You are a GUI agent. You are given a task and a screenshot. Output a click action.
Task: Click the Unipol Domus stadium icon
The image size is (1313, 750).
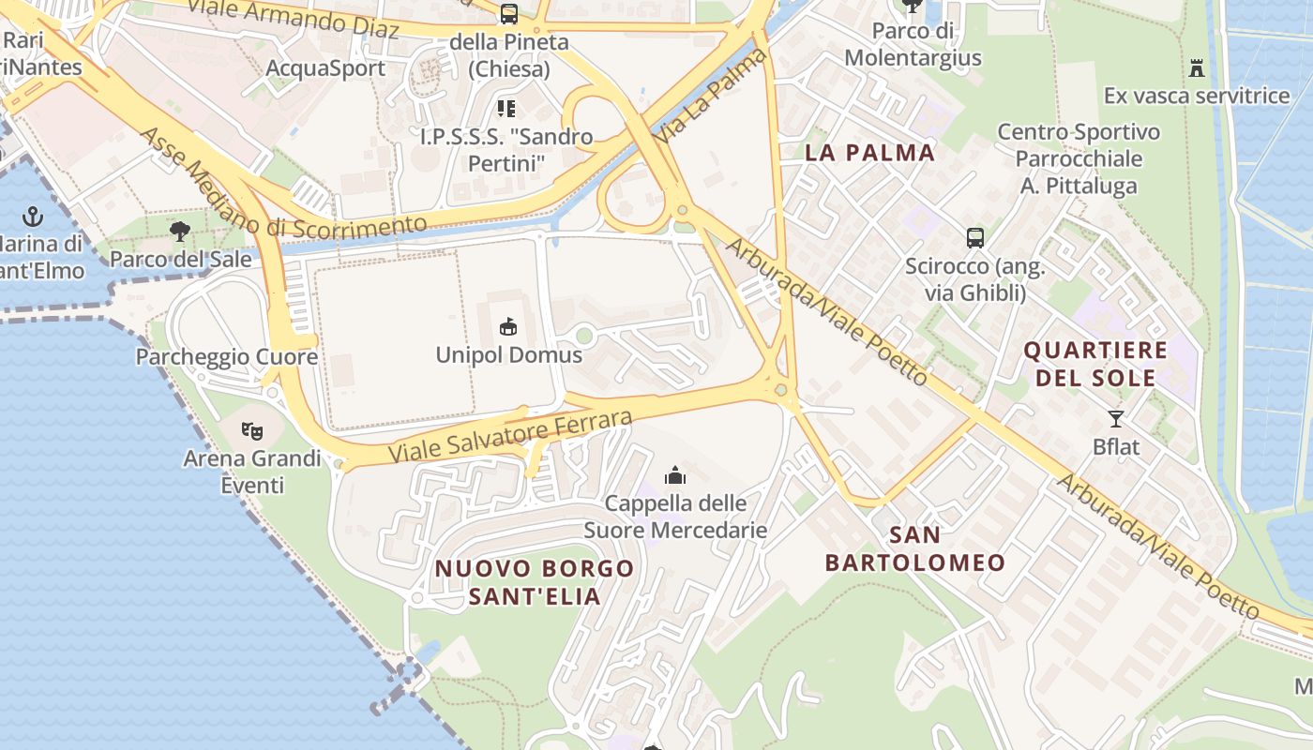click(508, 326)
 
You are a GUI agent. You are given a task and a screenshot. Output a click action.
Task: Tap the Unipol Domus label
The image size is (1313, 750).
click(508, 355)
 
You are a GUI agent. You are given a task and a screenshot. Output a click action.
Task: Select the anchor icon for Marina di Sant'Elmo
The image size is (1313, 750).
click(33, 217)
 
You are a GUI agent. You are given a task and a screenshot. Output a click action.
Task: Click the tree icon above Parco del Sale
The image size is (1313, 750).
click(180, 231)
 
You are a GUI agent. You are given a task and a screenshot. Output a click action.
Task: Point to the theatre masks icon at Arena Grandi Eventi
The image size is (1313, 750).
click(251, 431)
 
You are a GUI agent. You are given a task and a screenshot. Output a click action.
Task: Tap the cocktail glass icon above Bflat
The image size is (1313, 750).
click(1116, 419)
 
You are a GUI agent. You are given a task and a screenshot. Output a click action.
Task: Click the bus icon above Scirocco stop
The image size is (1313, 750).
click(975, 238)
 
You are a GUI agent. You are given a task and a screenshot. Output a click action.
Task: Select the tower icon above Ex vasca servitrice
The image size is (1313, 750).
click(1197, 67)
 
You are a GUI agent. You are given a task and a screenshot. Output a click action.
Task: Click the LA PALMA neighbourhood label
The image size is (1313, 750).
click(870, 153)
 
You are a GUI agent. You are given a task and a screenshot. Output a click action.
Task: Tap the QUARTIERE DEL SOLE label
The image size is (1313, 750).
click(1095, 365)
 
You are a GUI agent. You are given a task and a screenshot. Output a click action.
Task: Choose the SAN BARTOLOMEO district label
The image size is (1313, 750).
click(914, 549)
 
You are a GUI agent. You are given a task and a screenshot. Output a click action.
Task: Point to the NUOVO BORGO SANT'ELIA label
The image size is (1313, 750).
click(535, 582)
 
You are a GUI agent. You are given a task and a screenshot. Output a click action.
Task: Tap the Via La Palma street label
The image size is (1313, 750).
click(711, 97)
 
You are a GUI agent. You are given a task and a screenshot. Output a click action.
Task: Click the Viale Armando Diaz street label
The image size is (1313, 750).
click(293, 19)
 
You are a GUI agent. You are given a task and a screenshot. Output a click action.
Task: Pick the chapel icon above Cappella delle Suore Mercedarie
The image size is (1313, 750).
click(675, 476)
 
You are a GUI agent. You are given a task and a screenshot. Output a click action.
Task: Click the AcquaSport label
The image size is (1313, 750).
click(325, 68)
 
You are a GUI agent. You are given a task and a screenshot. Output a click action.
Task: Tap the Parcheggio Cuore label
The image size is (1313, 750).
click(226, 357)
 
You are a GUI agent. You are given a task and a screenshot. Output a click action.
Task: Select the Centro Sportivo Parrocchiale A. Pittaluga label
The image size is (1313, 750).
click(1079, 158)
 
